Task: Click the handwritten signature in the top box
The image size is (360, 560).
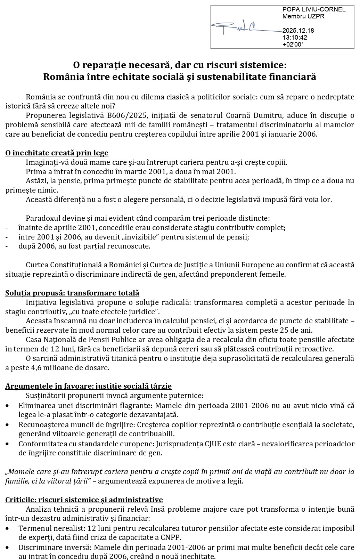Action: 240,27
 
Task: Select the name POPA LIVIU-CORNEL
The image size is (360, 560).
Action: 314,9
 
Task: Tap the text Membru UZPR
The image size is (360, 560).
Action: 298,16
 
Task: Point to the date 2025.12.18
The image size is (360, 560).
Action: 298,31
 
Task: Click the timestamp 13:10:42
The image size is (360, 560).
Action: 295,37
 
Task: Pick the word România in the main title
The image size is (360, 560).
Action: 62,76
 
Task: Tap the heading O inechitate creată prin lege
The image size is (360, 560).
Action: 57,153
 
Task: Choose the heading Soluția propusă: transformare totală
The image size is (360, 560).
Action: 72,293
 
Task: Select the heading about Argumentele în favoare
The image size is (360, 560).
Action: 88,386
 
